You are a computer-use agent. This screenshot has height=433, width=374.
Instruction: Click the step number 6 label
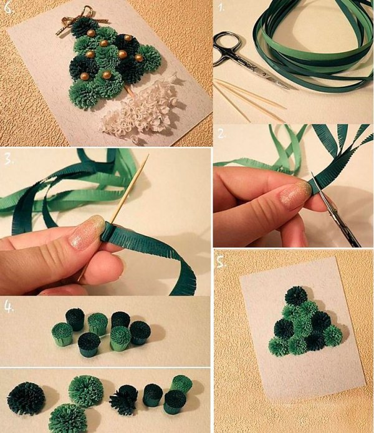9,7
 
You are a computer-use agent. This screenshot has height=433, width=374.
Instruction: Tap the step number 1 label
221,7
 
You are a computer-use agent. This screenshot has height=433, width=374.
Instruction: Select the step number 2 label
221,134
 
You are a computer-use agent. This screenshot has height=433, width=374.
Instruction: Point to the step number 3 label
9,159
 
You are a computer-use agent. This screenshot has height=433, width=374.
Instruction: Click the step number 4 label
9,307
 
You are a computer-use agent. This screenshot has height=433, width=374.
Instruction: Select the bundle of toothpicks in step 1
248,99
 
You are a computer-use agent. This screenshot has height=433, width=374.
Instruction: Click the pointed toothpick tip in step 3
147,157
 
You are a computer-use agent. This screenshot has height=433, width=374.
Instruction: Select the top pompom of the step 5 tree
296,296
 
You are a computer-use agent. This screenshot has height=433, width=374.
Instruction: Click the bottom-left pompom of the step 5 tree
279,347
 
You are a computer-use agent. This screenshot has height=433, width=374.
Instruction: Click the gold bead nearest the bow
91,33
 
